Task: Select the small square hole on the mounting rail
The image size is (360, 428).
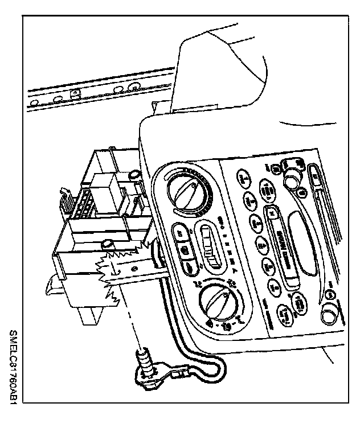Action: pos(73,95)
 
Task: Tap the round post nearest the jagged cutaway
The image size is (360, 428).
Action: pos(105,245)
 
